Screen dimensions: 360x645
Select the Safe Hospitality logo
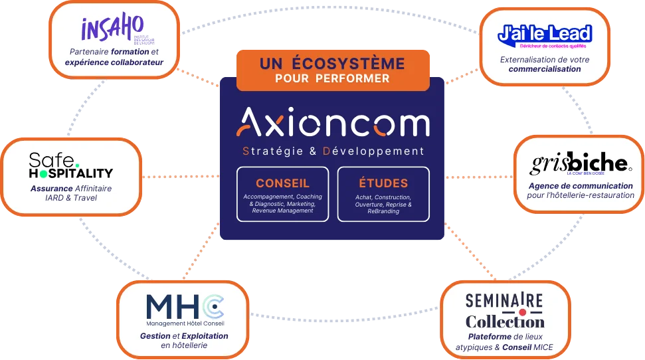pyautogui.click(x=71, y=165)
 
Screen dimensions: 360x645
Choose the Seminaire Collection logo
pyautogui.click(x=505, y=311)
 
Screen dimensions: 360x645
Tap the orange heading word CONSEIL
pyautogui.click(x=282, y=183)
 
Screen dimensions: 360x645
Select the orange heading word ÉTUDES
pyautogui.click(x=383, y=183)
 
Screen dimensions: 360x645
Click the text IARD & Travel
pyautogui.click(x=71, y=198)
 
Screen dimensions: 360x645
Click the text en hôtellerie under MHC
pyautogui.click(x=184, y=345)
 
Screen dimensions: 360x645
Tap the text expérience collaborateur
pyautogui.click(x=114, y=62)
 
